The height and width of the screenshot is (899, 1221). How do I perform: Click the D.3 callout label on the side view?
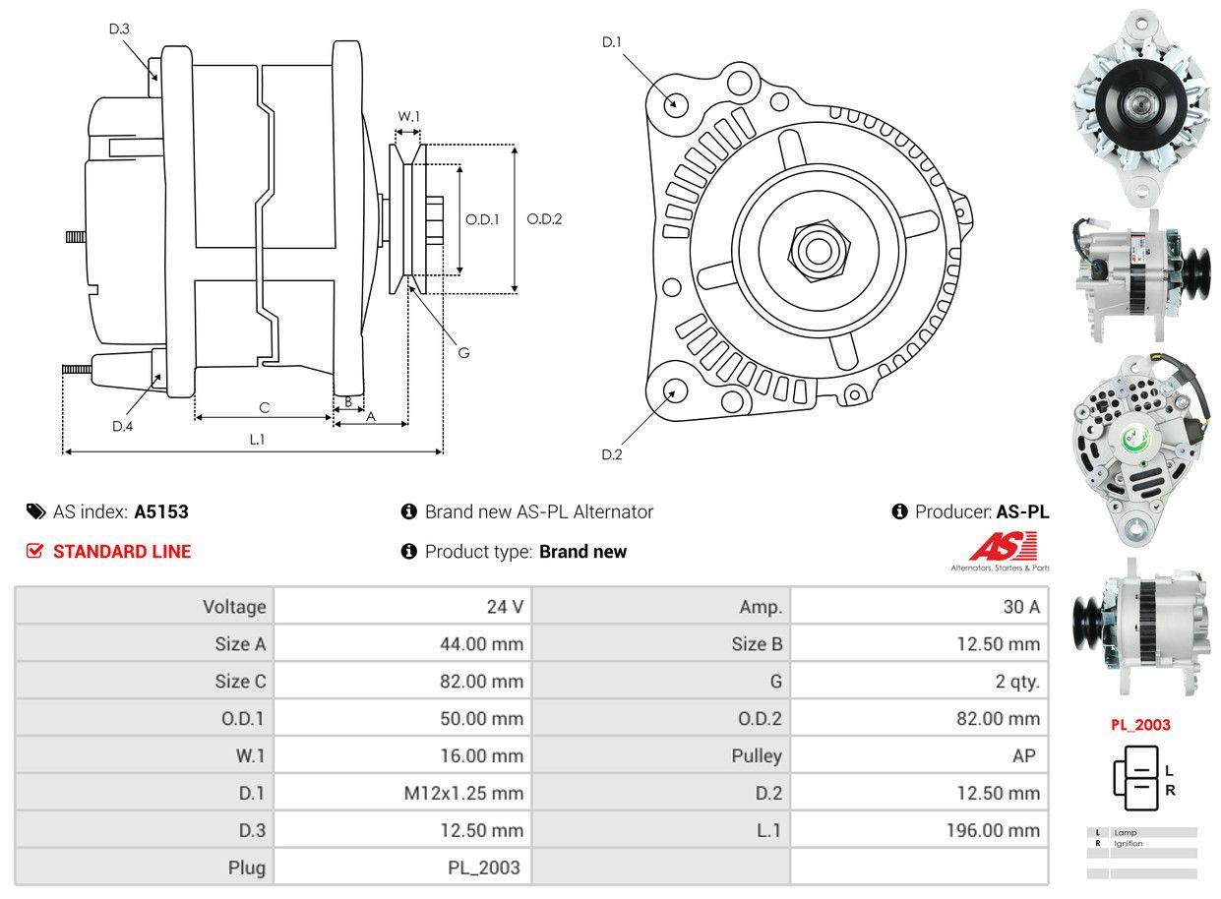[x=119, y=29]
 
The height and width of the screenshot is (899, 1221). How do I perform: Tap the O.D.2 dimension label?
[x=544, y=219]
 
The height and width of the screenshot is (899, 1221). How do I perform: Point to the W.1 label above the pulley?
[x=408, y=117]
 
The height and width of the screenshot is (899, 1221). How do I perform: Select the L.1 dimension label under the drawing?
[x=257, y=440]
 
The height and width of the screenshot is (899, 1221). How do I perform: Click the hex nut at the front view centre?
[x=815, y=250]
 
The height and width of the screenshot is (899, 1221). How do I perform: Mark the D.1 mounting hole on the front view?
[x=675, y=103]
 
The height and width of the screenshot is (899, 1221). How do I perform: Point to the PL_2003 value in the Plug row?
[x=482, y=868]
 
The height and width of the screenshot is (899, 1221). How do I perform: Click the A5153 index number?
[x=161, y=511]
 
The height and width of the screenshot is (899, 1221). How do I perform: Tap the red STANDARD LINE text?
[x=122, y=552]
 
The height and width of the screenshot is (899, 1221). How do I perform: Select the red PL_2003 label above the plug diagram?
[x=1140, y=725]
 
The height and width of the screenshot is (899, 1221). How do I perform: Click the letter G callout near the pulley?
[x=463, y=352]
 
